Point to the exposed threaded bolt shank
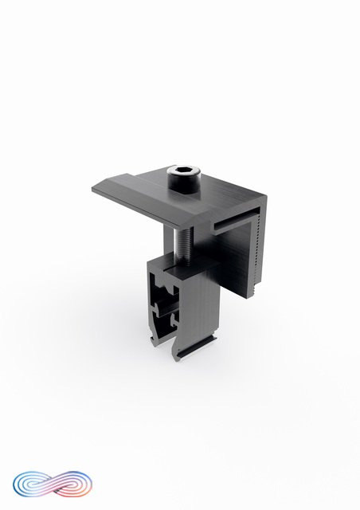182,242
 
